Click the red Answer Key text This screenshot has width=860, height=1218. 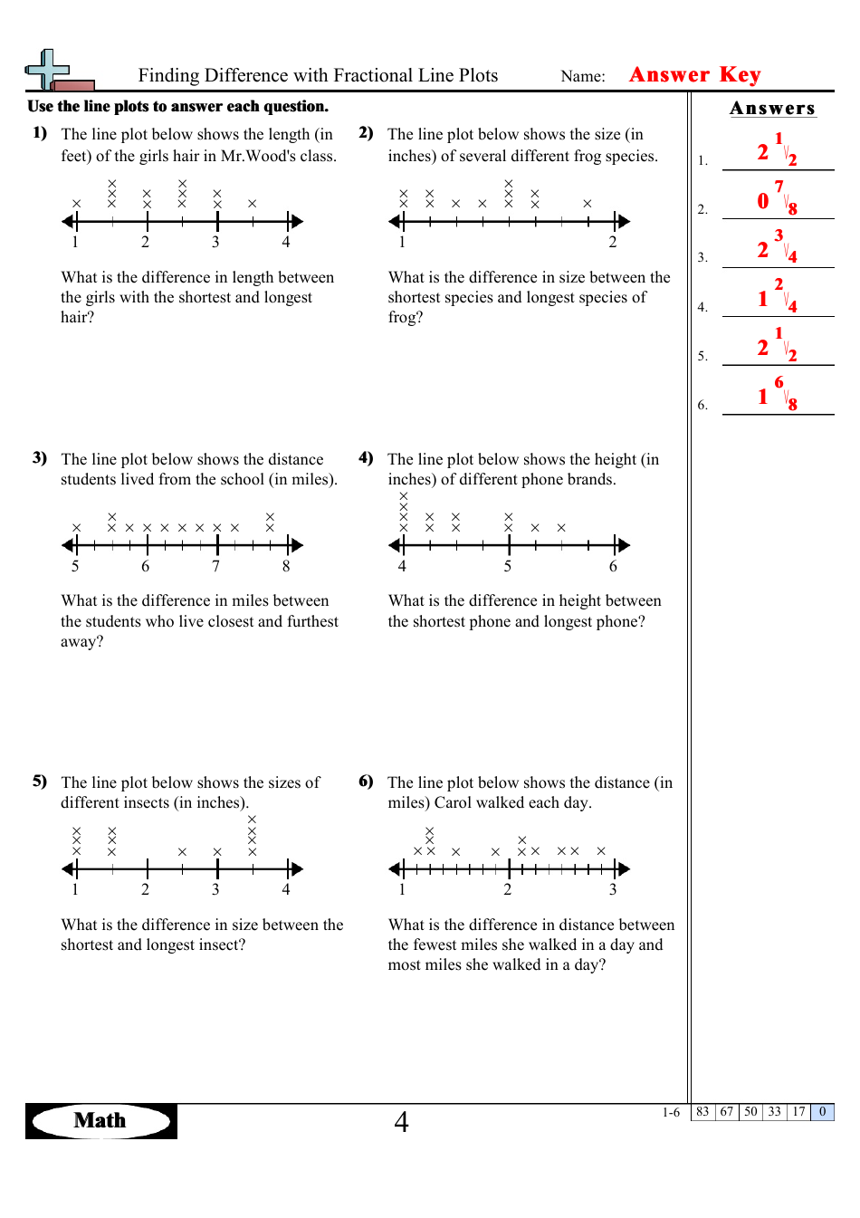(x=694, y=75)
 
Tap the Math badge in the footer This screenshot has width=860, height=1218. (x=100, y=1121)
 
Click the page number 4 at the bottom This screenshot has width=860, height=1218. (x=401, y=1122)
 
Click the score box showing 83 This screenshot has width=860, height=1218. (x=702, y=1112)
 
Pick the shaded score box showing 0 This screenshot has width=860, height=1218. (x=822, y=1112)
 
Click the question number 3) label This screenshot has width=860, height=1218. (x=40, y=458)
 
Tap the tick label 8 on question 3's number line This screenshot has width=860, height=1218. (x=286, y=567)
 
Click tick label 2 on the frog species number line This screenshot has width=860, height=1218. (x=613, y=243)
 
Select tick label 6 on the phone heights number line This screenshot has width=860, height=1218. (x=613, y=567)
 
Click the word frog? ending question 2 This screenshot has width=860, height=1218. (x=406, y=318)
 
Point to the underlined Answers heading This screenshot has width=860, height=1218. (x=772, y=109)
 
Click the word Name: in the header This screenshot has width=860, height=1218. (x=583, y=77)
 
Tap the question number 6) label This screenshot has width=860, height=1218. (x=366, y=782)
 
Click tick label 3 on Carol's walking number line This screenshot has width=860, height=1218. (x=613, y=890)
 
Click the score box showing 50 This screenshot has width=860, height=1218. (x=750, y=1112)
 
